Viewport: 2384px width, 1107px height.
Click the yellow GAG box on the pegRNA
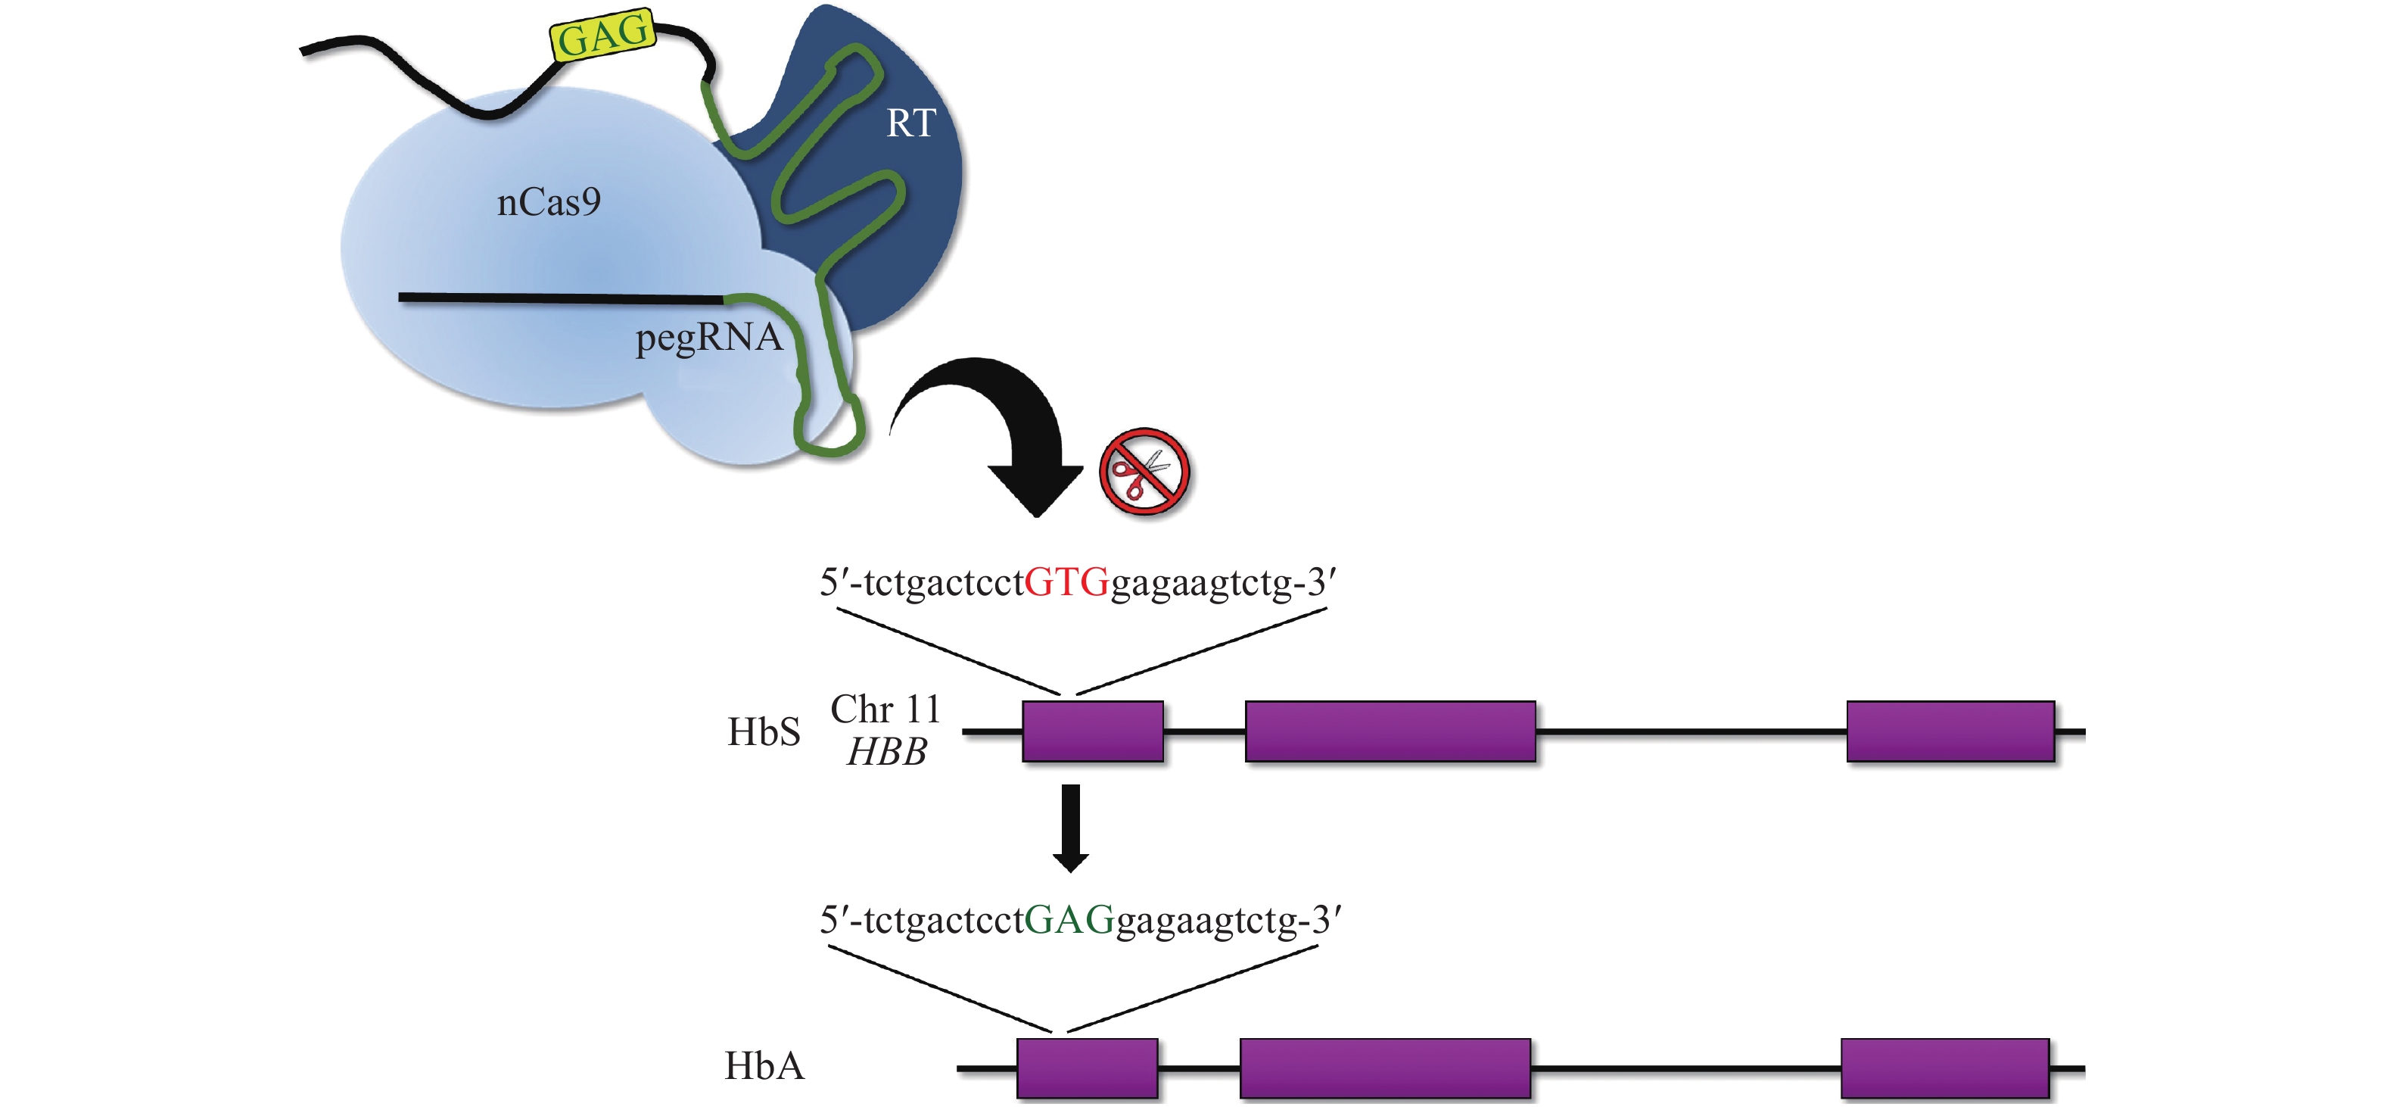point(603,36)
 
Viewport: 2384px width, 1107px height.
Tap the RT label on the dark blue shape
point(910,124)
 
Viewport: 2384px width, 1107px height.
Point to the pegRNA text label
point(709,338)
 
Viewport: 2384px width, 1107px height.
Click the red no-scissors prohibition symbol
point(1144,472)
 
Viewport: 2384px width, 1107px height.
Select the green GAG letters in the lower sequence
point(1069,920)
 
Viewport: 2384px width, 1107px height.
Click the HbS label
point(764,732)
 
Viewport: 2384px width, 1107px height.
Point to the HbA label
point(764,1066)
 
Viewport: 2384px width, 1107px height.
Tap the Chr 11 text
point(885,710)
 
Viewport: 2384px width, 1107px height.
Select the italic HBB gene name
point(886,752)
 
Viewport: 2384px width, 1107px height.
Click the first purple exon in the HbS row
point(1092,731)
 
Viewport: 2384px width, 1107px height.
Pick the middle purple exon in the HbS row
point(1390,731)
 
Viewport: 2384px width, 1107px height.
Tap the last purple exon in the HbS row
point(1950,731)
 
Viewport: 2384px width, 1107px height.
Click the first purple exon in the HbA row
point(1087,1068)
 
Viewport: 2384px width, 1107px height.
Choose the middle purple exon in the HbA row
point(1384,1068)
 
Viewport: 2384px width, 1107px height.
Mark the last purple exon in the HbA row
point(1944,1068)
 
